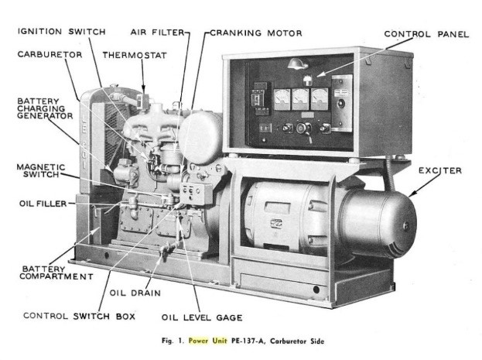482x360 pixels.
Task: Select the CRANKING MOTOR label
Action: click(x=256, y=33)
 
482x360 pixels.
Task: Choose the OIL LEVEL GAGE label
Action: click(x=202, y=317)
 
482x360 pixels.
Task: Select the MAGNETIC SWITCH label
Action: click(x=38, y=172)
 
